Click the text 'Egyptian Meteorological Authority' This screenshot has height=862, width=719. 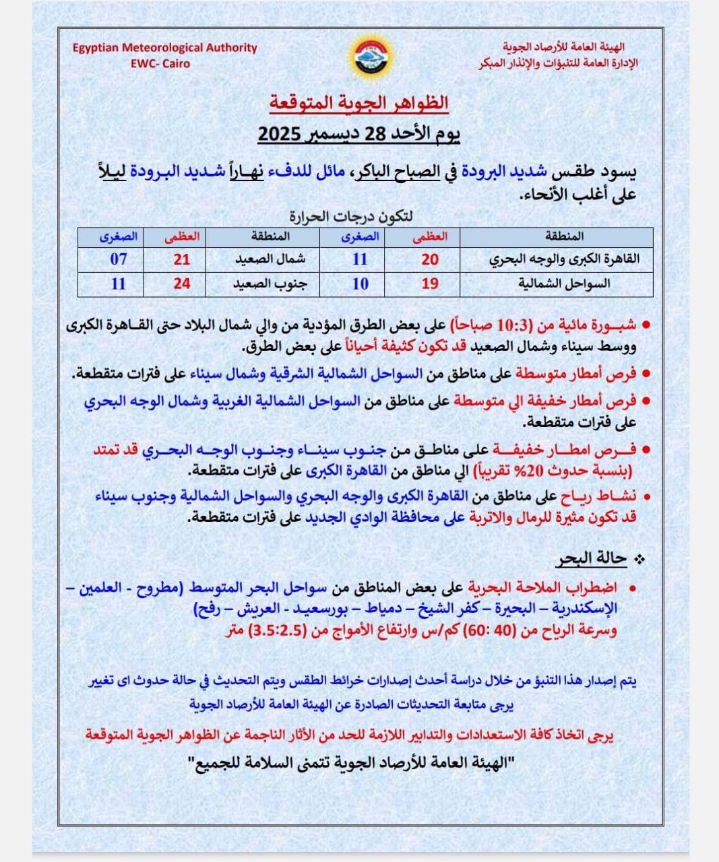pos(165,48)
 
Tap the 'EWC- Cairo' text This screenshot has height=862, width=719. pos(160,64)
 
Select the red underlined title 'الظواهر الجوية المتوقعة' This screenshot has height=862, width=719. pos(359,103)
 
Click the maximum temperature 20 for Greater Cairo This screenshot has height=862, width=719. pos(430,259)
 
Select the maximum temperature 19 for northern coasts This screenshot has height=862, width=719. pos(430,284)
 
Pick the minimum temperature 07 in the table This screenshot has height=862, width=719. pos(119,259)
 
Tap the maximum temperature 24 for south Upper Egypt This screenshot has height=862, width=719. pos(182,284)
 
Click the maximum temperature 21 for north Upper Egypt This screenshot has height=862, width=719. pos(182,259)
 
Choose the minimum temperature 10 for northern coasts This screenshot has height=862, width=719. pos(361,284)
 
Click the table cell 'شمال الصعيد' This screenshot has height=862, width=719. pos(270,259)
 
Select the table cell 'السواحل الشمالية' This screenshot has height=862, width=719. pos(565,284)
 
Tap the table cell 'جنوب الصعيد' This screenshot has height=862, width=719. pos(270,284)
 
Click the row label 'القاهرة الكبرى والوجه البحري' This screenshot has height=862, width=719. pos(565,259)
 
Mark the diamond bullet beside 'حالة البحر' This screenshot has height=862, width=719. pos(640,559)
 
